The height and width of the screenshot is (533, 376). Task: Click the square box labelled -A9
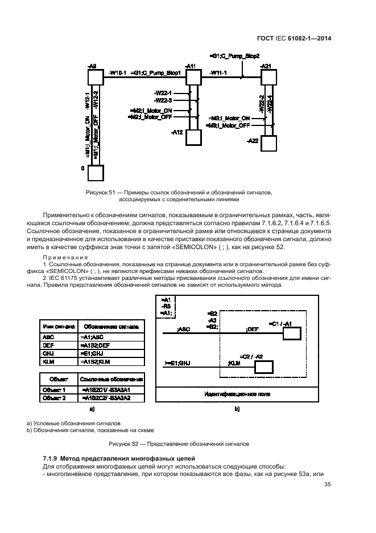96,77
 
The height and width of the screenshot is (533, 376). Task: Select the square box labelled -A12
194,137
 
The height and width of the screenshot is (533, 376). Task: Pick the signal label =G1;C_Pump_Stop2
234,56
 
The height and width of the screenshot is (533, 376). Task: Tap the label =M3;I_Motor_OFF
229,125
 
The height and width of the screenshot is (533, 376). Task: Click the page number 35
327,485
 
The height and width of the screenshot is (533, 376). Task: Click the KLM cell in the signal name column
48,362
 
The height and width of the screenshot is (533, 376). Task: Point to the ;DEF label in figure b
252,329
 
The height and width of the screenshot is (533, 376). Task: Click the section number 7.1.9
54,458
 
